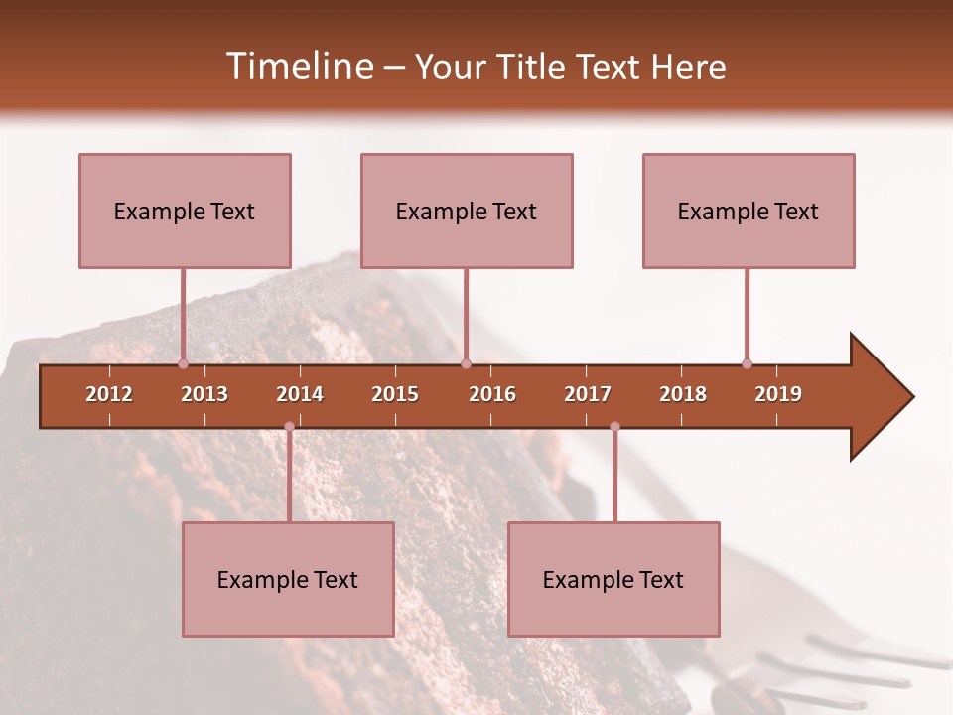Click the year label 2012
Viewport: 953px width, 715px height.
tap(109, 394)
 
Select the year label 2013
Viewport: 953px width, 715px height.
tap(204, 394)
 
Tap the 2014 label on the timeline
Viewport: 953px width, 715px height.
tap(300, 394)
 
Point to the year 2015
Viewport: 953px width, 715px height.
tap(395, 394)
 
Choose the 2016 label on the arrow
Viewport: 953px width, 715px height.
tap(492, 394)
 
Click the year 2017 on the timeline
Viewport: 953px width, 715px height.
tap(588, 394)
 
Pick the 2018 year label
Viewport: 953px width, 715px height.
tap(683, 394)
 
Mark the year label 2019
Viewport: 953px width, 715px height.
tap(778, 394)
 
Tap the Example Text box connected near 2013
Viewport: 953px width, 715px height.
tap(185, 211)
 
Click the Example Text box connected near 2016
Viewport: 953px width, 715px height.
tap(467, 211)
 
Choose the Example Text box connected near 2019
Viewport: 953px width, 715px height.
tap(749, 211)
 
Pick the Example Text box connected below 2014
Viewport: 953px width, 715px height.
tap(288, 579)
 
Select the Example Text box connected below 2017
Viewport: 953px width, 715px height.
tap(613, 579)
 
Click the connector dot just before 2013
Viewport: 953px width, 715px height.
tap(183, 363)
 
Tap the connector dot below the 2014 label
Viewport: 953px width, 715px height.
tap(289, 426)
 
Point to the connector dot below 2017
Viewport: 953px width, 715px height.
tap(614, 426)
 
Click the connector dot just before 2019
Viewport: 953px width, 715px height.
tap(747, 363)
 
